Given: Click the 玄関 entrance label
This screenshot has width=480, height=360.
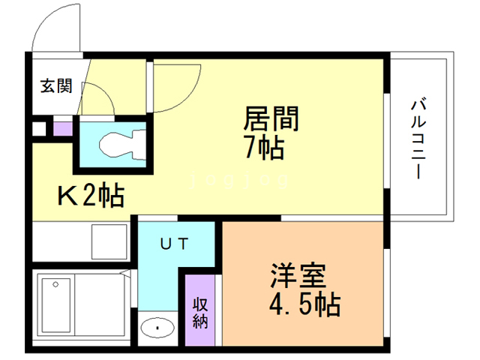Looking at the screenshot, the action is (57, 86).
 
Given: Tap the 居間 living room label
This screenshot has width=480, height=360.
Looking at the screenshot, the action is (271, 119).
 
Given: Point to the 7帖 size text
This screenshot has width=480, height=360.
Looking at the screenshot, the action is (265, 148).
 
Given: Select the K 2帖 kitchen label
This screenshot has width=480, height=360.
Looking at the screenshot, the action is (91, 195).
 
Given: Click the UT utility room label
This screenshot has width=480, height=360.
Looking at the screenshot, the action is (175, 244).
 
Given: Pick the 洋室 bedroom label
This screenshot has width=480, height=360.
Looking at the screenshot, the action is (298, 275).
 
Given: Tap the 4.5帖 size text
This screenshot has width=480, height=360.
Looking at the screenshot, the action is (305, 304).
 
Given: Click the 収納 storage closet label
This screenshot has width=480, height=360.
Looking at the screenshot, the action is (200, 313).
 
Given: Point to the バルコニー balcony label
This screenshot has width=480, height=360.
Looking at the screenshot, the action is (418, 139).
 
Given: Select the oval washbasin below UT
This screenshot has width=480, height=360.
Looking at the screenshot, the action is (157, 328).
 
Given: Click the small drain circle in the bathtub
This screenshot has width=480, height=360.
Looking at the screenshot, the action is (55, 284).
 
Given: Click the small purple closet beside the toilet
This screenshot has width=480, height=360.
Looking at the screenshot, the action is (63, 129).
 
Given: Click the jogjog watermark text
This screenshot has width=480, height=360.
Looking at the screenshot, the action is (239, 180).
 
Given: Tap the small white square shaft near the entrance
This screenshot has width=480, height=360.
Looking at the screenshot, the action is (39, 129).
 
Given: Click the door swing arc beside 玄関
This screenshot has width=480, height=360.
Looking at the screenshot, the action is (104, 91).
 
